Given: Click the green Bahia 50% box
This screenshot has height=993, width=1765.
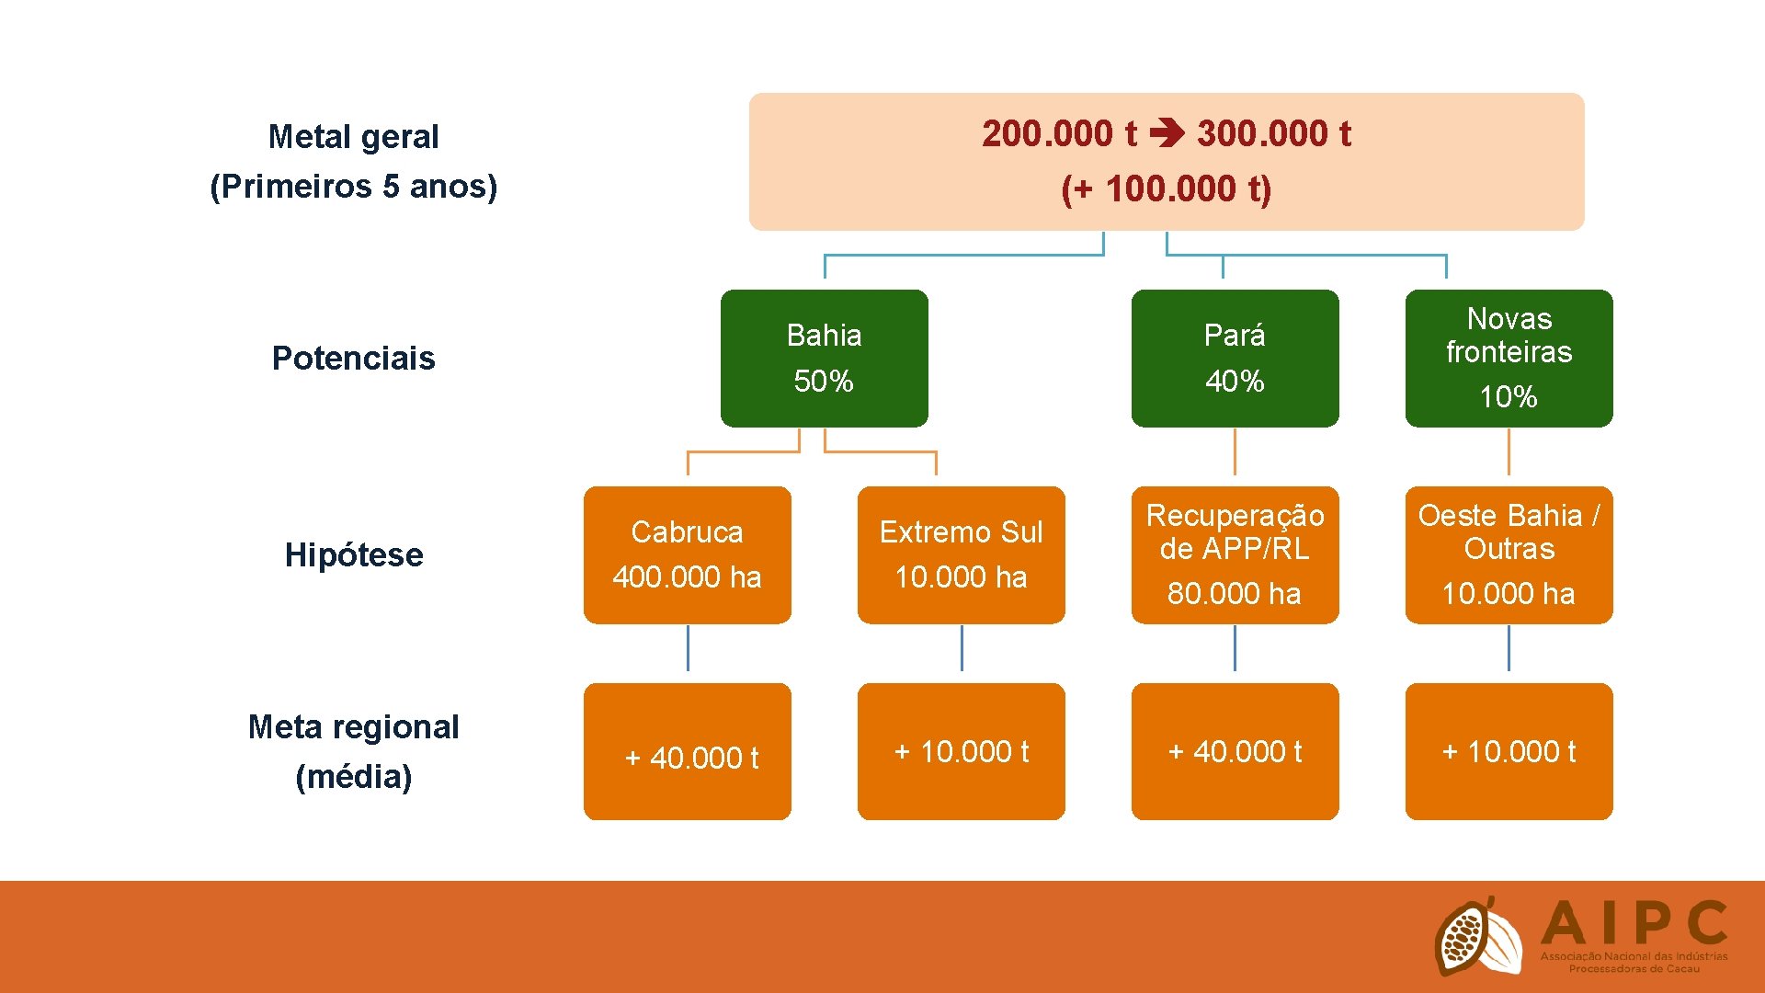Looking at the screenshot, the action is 824,358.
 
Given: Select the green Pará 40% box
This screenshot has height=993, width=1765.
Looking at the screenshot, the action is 1235,358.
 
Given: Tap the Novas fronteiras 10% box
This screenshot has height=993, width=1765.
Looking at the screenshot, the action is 1509,358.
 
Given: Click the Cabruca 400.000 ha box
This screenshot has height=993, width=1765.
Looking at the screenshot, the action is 687,554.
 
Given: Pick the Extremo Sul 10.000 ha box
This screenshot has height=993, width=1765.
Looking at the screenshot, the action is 961,554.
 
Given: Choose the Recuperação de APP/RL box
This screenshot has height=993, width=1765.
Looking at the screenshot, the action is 1235,554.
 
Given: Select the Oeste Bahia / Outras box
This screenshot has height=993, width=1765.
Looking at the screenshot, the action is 1509,554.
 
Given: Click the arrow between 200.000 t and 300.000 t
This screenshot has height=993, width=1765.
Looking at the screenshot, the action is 1167,135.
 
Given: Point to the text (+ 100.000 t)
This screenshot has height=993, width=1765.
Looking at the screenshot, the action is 1166,189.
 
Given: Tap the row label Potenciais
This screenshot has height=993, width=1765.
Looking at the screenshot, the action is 353,358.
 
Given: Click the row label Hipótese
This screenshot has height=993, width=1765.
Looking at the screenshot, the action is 354,554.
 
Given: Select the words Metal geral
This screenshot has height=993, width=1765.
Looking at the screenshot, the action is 354,137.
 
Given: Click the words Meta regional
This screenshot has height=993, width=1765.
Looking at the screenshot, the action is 354,727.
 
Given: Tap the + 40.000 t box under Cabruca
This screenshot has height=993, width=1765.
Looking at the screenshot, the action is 687,751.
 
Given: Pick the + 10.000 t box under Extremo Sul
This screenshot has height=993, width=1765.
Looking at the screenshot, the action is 961,751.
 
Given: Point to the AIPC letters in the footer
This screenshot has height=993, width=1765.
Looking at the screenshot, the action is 1634,924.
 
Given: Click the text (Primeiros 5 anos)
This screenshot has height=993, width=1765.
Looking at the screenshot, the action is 354,187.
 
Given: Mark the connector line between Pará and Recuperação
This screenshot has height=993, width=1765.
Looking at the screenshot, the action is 1235,452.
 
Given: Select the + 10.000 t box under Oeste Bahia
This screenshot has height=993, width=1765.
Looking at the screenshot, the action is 1509,751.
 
